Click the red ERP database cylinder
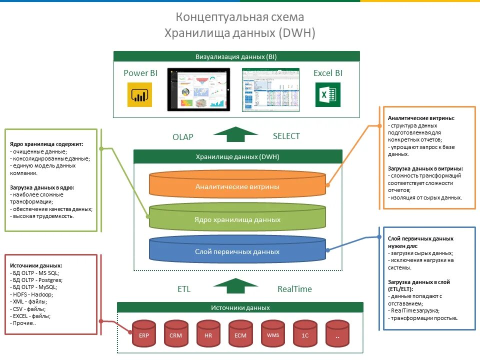point(144,334)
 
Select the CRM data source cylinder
point(176,334)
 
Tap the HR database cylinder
point(208,334)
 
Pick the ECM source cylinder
point(240,334)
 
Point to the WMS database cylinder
point(272,334)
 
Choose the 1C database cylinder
point(305,334)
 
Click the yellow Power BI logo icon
point(139,94)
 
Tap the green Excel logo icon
point(328,94)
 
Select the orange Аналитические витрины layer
point(237,186)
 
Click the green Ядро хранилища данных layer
point(237,219)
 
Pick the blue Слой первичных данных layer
point(237,251)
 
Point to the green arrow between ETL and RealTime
point(235,286)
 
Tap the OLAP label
point(183,137)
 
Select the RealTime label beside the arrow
point(294,289)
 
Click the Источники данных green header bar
point(240,308)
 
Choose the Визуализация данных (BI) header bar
point(236,56)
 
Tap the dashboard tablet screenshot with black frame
point(198,89)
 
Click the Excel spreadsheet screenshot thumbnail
point(270,89)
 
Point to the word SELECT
point(286,136)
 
